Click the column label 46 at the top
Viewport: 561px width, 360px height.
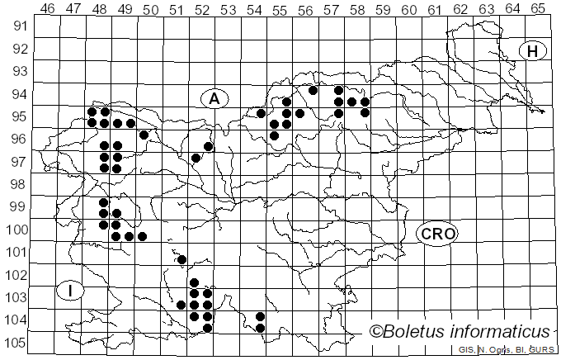(48, 8)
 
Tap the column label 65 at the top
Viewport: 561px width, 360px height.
(538, 8)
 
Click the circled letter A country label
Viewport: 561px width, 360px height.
(214, 98)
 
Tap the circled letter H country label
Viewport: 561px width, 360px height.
(532, 51)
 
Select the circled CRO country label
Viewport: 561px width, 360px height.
(436, 234)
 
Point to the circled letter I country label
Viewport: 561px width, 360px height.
(72, 291)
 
